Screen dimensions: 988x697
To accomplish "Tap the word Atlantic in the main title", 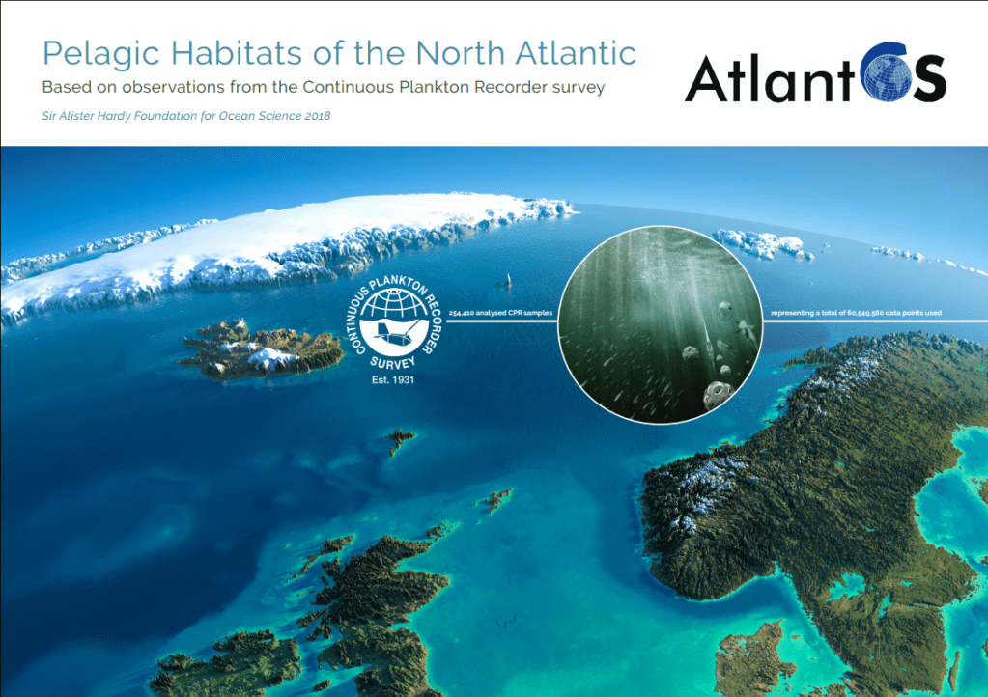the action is coord(576,52).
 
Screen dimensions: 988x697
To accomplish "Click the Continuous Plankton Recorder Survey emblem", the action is coord(394,323).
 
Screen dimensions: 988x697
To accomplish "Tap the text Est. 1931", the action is coord(393,379).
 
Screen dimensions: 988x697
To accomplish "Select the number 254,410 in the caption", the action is coord(461,313).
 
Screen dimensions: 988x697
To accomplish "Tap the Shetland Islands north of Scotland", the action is coord(495,500).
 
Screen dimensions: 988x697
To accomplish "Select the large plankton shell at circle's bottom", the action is coord(718,394).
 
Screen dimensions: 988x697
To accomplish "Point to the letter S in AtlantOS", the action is coord(928,78).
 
